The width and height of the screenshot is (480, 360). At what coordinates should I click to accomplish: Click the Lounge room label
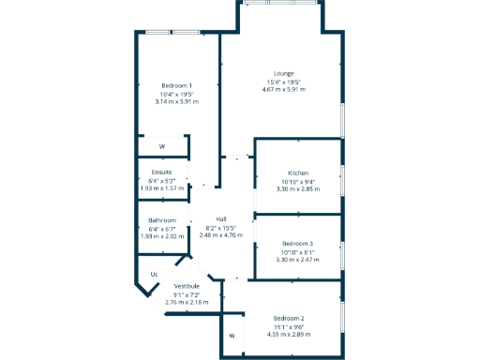point(284,73)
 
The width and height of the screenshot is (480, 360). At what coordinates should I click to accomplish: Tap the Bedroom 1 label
point(176,85)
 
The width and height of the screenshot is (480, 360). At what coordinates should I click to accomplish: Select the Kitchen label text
point(298,173)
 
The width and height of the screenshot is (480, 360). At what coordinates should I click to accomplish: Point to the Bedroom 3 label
point(297,244)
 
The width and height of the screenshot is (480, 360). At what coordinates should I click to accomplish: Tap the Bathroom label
point(162,220)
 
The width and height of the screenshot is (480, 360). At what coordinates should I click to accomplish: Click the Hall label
point(220,219)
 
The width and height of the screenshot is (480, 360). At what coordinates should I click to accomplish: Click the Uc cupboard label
point(154,275)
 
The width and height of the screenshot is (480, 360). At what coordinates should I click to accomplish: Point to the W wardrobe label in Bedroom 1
point(161,147)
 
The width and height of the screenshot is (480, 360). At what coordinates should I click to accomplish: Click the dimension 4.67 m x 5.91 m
point(284,89)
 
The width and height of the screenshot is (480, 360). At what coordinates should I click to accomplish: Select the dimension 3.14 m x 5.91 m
point(177,101)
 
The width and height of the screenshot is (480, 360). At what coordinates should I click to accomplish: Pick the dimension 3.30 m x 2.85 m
point(298,189)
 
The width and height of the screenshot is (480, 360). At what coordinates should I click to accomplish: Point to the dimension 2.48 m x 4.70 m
point(221,235)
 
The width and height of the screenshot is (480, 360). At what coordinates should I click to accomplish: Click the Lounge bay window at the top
point(280,4)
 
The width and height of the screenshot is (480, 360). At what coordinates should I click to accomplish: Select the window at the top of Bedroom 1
point(173,33)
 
